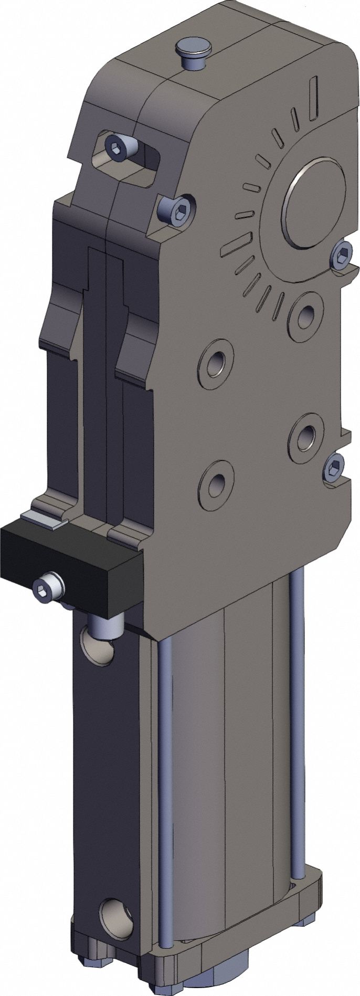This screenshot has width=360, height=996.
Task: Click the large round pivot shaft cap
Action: tap(314, 203)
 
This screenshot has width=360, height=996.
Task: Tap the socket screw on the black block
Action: tap(47, 586)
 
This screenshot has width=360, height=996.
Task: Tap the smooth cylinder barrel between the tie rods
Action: tap(231, 787)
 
